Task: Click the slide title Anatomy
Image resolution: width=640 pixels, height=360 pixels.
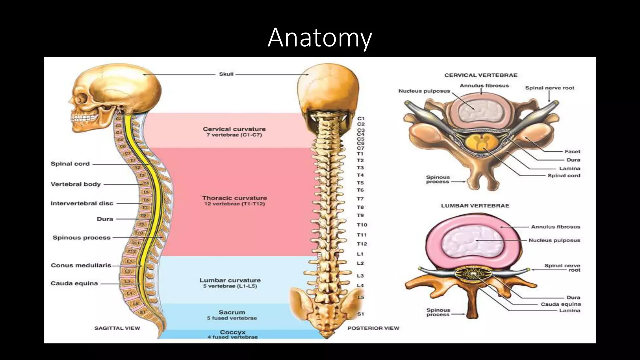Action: pos(320,38)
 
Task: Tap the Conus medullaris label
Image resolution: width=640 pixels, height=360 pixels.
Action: pos(81,265)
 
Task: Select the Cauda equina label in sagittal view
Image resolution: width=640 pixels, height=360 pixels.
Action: pos(74,283)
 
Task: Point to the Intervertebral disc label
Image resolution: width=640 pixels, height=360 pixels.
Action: pos(82,203)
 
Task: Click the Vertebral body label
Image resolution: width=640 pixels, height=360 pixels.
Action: pos(76,184)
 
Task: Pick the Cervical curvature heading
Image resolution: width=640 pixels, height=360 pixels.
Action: pos(234,129)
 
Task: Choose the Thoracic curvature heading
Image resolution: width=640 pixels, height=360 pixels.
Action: pos(234,198)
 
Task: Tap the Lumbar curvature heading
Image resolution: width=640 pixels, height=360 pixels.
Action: pos(230,280)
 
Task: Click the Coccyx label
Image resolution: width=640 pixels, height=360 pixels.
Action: pos(232,332)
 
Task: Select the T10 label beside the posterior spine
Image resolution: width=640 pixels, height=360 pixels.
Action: pos(362,225)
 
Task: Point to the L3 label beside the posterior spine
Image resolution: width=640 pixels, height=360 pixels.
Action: pos(360,276)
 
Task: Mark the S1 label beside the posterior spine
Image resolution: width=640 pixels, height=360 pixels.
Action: pos(360,314)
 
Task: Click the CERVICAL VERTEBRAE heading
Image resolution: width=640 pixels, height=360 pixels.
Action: pos(481,75)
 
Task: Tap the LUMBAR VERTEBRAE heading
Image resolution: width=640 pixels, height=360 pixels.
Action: pos(475,206)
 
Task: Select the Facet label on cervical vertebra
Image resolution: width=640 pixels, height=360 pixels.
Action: pos(572,152)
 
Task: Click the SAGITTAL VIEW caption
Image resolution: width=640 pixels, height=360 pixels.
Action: pos(117,328)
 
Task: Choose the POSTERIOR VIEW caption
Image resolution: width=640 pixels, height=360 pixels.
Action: pos(373,328)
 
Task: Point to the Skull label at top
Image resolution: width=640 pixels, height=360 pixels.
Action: pos(226,74)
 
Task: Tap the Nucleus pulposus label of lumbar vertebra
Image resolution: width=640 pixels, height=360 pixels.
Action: pos(554,240)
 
